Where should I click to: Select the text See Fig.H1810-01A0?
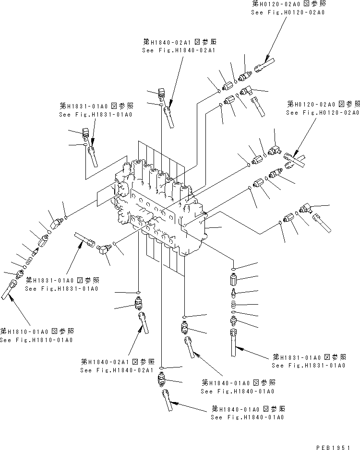[36, 340]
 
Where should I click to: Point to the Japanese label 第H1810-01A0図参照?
[37, 331]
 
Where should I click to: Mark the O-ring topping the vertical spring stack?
[232, 268]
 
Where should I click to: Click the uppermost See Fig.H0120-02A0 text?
[288, 12]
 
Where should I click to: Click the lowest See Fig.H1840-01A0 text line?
[247, 418]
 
